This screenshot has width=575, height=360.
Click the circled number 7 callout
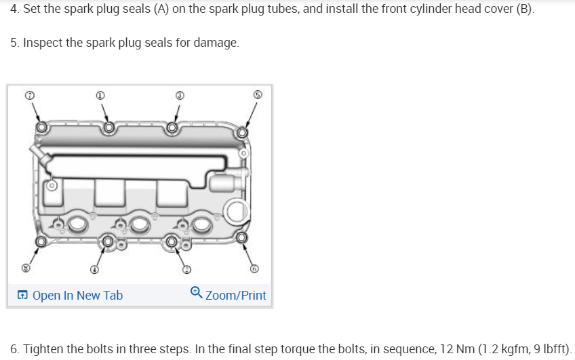(28, 96)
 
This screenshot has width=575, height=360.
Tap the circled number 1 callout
(100, 96)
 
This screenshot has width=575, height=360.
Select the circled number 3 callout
(180, 96)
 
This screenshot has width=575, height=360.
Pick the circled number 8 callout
(27, 268)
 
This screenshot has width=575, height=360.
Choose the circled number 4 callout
(95, 269)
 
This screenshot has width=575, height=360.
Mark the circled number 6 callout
(254, 269)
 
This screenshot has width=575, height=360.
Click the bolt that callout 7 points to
(42, 127)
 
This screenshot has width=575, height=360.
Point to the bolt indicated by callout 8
(41, 241)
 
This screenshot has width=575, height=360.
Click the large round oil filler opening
(237, 212)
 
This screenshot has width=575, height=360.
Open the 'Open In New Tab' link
(70, 295)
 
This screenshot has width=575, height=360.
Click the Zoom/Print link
(235, 295)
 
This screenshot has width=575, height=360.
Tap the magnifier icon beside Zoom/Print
(196, 293)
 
